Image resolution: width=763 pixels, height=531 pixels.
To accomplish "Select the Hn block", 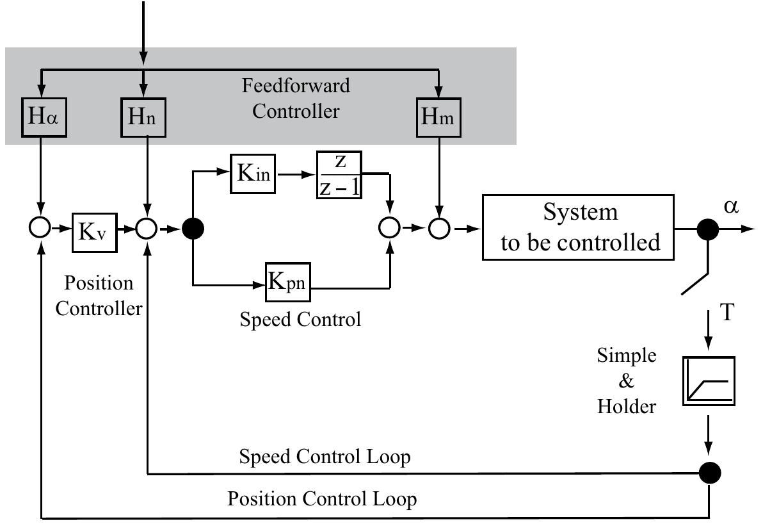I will point(143,117).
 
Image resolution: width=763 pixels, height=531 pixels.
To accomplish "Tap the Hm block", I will point(438,117).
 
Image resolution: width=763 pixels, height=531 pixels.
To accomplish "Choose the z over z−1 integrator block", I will point(339,175).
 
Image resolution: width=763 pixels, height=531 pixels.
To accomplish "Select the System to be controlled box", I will point(579,227).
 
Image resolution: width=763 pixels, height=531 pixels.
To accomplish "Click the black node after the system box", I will point(707,229).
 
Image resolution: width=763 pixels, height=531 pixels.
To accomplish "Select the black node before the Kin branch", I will point(193,229).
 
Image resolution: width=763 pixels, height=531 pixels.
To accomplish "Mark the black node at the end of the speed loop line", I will point(709,473).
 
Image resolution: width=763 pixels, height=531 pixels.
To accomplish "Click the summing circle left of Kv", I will point(40,229).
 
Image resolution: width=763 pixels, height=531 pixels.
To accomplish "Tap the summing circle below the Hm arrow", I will point(439,229).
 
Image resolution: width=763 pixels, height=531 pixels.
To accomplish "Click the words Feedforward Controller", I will point(296,98).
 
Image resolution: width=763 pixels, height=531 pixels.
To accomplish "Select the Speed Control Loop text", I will point(325,457).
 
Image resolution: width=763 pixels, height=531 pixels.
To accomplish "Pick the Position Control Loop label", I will point(322,498).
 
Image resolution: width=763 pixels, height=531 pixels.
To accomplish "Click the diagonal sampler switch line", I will point(696,275).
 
